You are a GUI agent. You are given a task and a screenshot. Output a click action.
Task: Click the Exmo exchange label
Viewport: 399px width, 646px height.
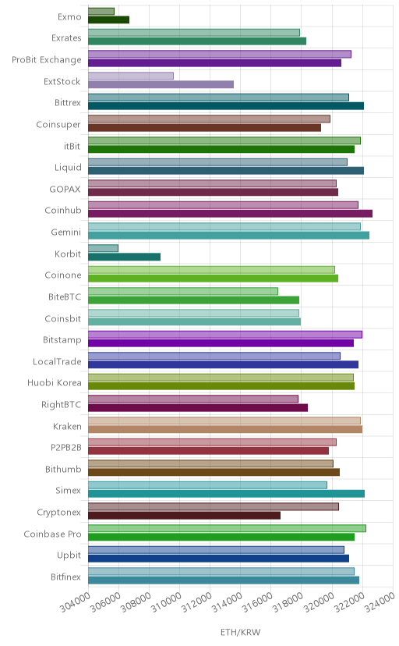coord(69,17)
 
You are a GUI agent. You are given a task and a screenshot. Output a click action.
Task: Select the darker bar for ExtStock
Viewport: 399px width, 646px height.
coord(161,84)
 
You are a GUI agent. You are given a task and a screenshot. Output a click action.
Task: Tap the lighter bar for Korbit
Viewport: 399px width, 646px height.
coord(103,248)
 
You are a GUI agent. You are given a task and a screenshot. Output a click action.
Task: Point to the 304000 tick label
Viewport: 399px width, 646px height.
coord(76,602)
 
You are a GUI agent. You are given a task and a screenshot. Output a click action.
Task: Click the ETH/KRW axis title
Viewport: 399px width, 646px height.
coord(240,633)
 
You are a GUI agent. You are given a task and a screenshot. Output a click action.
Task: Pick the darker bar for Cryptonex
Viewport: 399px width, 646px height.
coord(184,516)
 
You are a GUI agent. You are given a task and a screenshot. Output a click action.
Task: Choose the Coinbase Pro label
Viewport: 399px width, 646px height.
coord(53,534)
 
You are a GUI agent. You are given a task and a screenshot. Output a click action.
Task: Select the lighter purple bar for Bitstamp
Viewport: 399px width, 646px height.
coord(225,334)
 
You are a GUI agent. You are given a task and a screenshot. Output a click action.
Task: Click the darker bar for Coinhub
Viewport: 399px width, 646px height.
coord(231,214)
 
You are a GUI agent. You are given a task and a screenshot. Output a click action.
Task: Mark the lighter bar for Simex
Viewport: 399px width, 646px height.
coord(208,485)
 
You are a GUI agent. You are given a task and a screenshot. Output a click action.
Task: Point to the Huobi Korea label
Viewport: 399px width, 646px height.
coord(55,383)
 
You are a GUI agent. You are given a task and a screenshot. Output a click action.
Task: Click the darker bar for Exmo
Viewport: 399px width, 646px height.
coord(108,20)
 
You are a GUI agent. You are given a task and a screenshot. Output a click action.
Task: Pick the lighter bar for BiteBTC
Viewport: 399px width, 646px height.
coord(183,291)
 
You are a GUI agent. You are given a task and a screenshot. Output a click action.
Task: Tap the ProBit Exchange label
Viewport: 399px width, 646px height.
coord(47,60)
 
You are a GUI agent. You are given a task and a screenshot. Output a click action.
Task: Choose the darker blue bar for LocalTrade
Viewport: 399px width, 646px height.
coord(224,364)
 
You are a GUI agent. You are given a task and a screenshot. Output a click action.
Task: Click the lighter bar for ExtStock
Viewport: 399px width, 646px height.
coord(131,76)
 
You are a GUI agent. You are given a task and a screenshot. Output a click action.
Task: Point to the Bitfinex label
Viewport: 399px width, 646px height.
coord(65,577)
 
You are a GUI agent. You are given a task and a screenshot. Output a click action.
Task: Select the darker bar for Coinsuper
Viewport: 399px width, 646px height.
coord(204,128)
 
